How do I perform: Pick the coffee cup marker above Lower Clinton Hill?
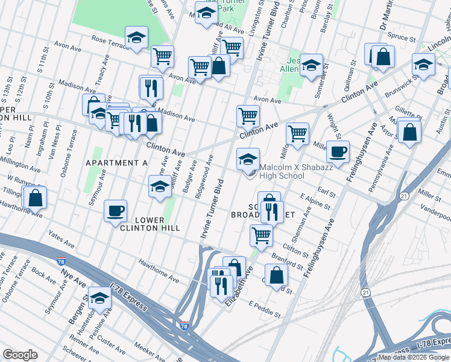(115, 211)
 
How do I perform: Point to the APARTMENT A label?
(117, 163)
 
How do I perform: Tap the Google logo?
(20, 355)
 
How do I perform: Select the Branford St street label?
(287, 260)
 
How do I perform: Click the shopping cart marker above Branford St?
(261, 236)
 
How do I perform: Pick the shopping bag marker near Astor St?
(409, 133)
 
